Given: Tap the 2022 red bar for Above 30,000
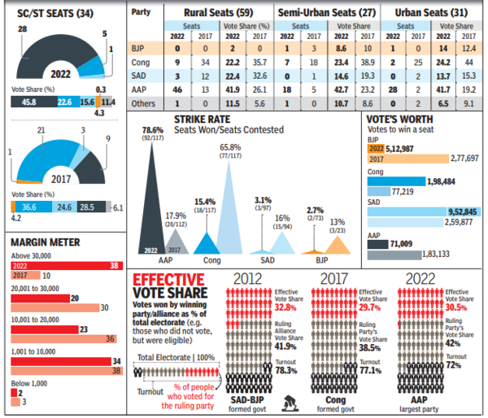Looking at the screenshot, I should (61, 264).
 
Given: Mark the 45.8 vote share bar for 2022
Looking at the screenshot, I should (31, 101).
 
